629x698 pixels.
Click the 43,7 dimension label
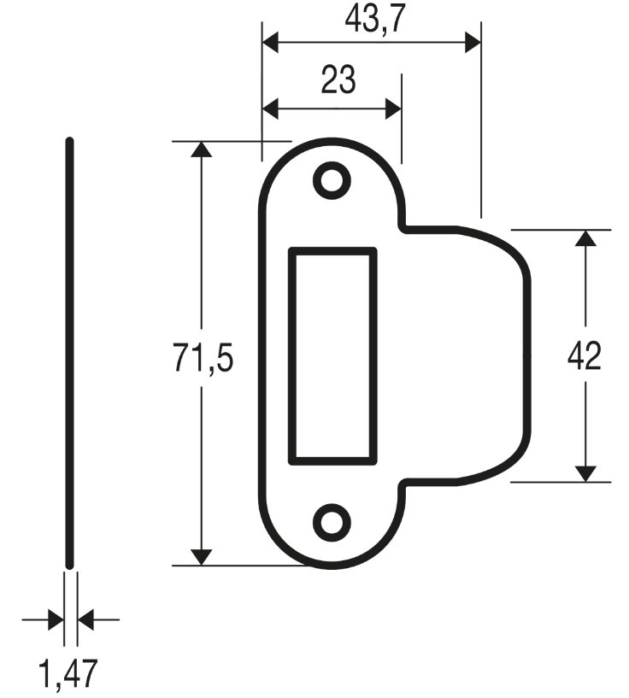(373, 20)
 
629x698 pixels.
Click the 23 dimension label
(338, 80)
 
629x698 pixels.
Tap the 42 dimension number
(585, 357)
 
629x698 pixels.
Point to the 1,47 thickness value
(68, 674)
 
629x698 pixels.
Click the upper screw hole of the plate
(332, 180)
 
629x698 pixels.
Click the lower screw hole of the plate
(332, 522)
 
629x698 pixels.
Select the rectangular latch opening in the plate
(333, 355)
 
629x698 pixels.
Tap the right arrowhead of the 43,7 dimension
(473, 42)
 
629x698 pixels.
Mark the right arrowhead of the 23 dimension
(392, 109)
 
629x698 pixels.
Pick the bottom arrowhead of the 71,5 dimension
(201, 556)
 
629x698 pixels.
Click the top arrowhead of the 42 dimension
(585, 238)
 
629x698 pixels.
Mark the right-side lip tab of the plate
(470, 355)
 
